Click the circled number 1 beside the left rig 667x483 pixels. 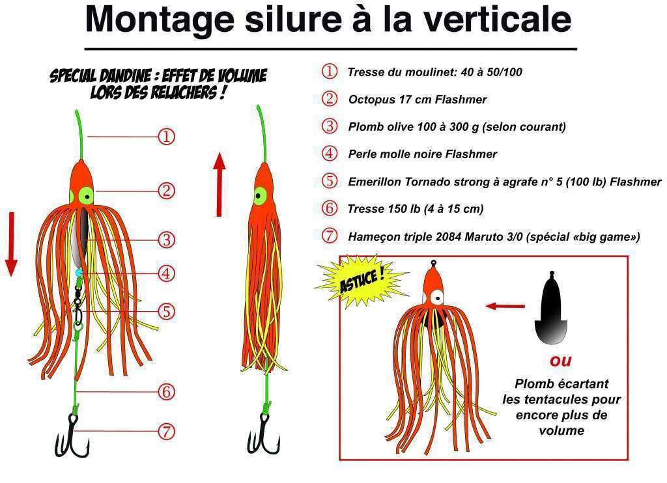coord(167,137)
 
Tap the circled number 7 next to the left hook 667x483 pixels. coord(167,431)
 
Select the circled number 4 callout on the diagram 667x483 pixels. coord(167,273)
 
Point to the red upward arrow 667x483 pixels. coord(220,184)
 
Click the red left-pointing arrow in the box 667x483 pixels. coord(505,305)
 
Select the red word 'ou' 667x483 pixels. coord(560,360)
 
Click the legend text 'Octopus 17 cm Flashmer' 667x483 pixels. coord(417,100)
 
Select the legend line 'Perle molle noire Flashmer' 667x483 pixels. coord(422,154)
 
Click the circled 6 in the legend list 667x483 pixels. coord(330,208)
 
